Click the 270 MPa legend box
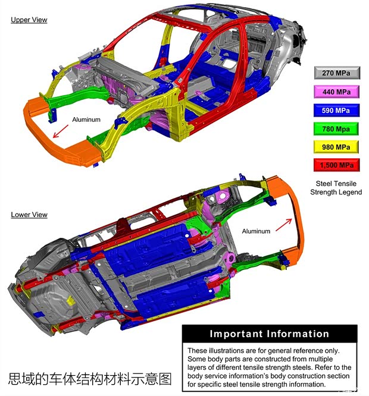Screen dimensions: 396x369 point(337,74)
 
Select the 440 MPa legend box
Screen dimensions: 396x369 point(337,92)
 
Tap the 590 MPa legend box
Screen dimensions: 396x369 point(337,110)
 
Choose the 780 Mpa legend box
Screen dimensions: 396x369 point(337,128)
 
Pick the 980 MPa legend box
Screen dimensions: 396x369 point(337,147)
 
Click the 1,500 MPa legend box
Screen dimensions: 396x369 point(337,165)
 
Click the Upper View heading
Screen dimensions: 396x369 point(29,20)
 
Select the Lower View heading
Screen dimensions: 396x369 point(29,215)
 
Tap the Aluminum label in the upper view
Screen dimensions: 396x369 point(86,120)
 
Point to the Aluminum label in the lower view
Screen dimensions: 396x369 point(256,231)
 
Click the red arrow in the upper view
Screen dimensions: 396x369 point(60,131)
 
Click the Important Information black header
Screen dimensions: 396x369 point(269,334)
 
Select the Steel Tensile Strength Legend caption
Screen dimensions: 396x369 point(336,188)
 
